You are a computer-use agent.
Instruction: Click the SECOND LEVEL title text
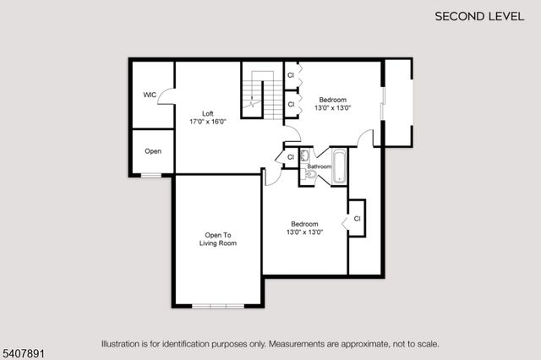[x=478, y=16]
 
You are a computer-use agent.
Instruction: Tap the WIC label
[x=150, y=95]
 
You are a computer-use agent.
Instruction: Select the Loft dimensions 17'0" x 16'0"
[x=207, y=122]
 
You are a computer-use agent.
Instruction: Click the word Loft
[x=207, y=113]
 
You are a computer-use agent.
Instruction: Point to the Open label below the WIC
[x=153, y=152]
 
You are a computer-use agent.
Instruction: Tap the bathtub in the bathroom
[x=339, y=166]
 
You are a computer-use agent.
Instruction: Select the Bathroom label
[x=319, y=166]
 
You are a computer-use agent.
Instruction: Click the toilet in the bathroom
[x=309, y=175]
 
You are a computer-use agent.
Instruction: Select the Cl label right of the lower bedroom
[x=357, y=219]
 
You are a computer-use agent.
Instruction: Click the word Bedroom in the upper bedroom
[x=332, y=100]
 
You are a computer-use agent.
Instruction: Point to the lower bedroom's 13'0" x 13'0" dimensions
[x=304, y=232]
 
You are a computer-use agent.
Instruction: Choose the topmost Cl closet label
[x=291, y=76]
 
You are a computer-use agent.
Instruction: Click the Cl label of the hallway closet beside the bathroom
[x=290, y=157]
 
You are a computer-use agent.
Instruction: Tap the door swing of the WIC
[x=166, y=98]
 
